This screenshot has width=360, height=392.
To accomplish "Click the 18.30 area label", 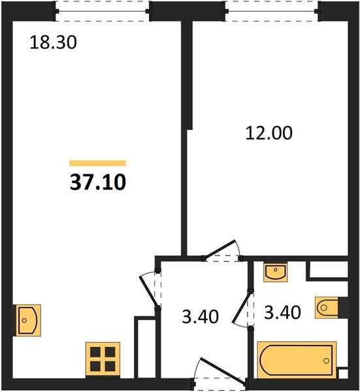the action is [53, 42].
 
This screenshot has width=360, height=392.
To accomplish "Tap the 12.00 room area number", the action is [269, 133].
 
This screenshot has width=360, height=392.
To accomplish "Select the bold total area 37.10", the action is [98, 182].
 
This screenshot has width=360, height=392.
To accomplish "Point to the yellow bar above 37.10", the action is [97, 163].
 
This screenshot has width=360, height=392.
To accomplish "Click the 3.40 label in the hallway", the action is [200, 316].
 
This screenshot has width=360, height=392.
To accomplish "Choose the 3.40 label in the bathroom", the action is [282, 312].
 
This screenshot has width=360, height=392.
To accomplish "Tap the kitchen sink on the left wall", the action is [27, 320].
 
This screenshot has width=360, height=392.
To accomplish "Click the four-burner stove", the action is [103, 359].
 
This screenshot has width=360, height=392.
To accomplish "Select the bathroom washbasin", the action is [275, 272].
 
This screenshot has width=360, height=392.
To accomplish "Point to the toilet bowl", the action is [327, 308].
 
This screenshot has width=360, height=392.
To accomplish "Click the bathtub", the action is [297, 360].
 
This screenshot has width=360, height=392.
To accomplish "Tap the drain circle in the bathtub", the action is [326, 361].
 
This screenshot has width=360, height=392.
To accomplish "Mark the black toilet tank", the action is [343, 308].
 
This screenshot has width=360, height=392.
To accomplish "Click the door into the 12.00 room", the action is [221, 250].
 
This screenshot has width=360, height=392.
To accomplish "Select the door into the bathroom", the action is [243, 309].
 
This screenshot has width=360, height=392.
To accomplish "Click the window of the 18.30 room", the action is [102, 11].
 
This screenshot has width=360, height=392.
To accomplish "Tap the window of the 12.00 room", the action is [272, 11].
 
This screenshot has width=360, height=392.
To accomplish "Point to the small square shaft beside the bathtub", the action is [343, 373].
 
